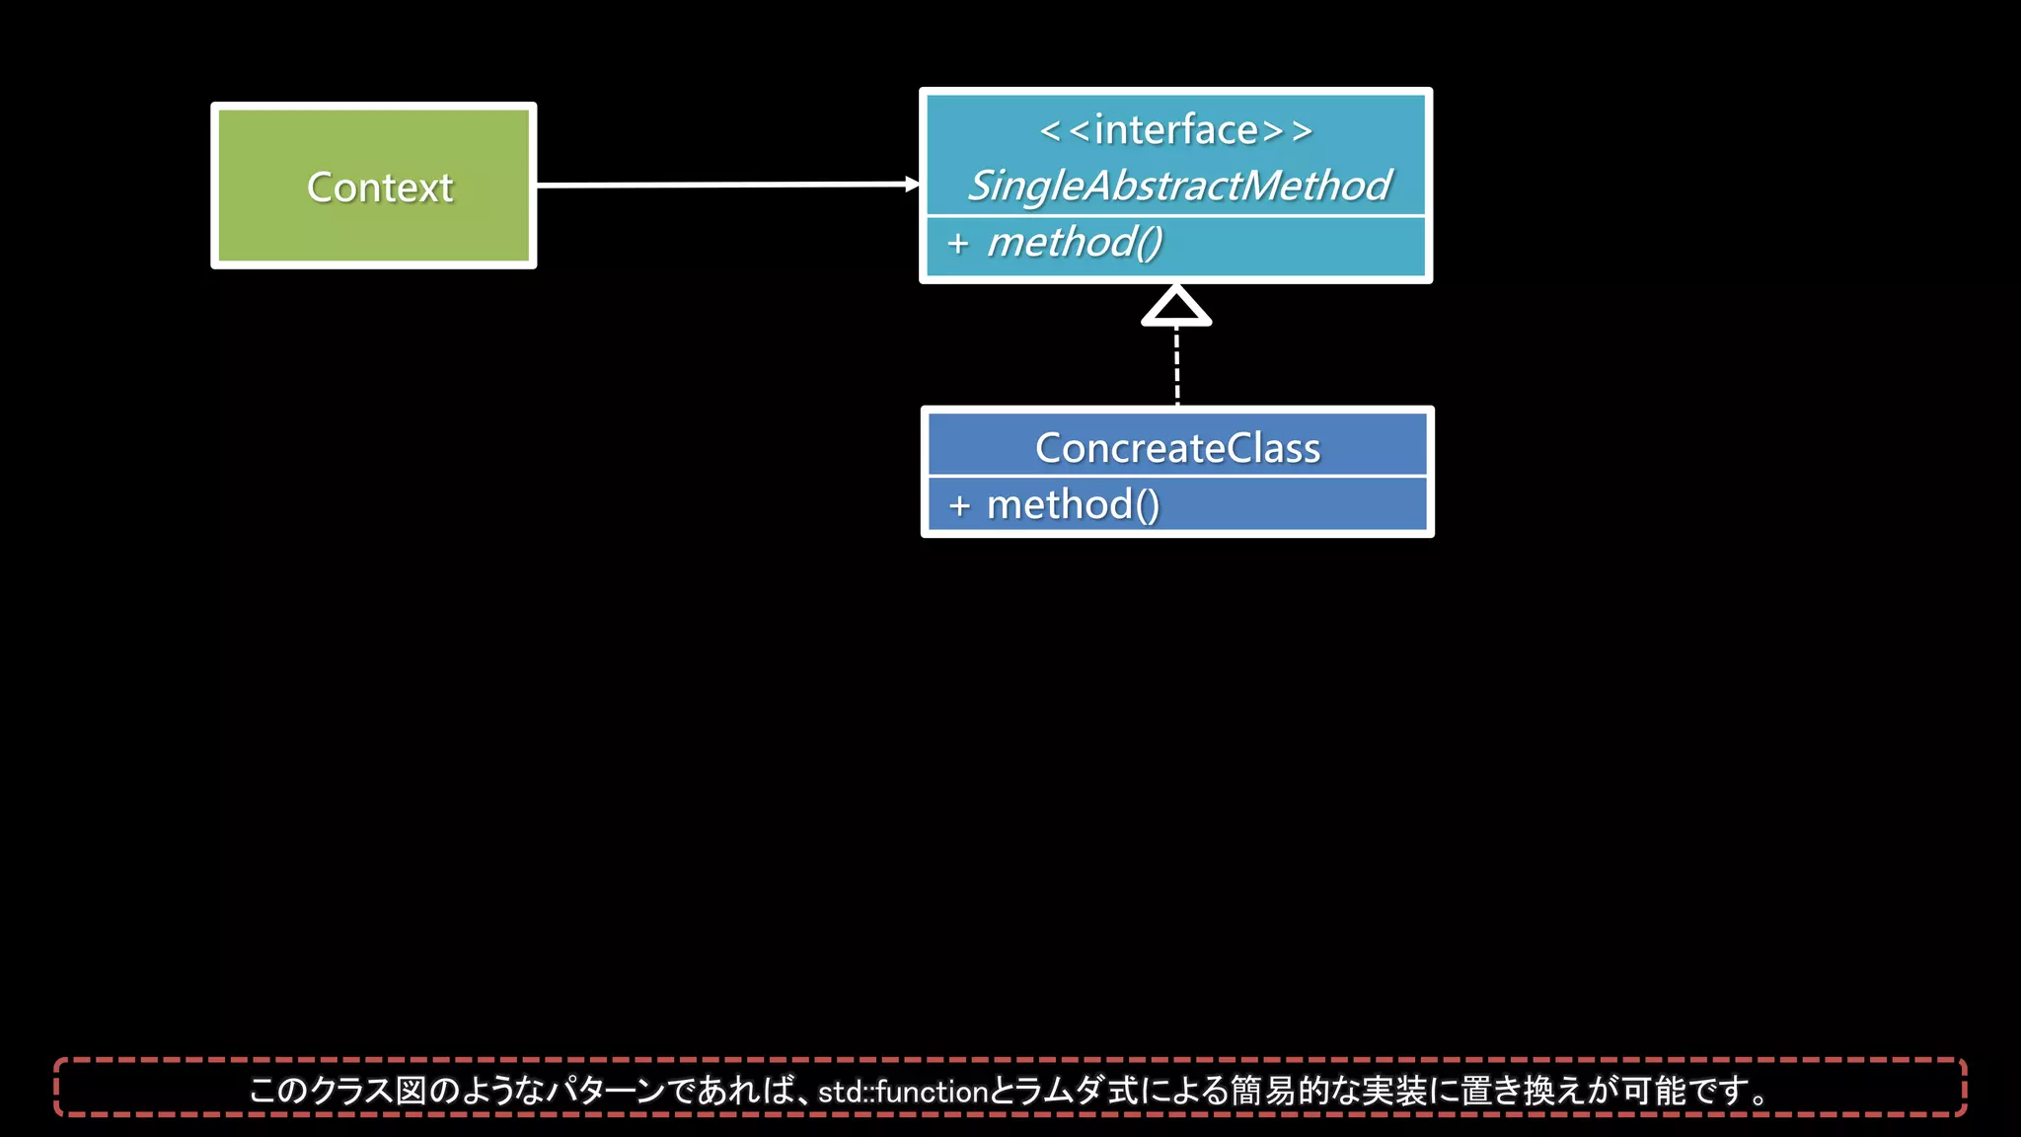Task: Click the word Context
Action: tap(380, 188)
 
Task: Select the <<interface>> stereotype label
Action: tap(1176, 130)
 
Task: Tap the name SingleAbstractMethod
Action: tap(1178, 186)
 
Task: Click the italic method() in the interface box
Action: tap(1075, 243)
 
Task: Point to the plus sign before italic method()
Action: tap(957, 243)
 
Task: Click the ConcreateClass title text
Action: tap(1177, 448)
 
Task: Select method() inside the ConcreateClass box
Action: tap(1074, 505)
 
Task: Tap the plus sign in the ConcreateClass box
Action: tap(959, 505)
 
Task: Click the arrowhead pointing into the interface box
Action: tap(912, 184)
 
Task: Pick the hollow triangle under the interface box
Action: tap(1176, 307)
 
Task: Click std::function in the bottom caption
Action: tap(902, 1092)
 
